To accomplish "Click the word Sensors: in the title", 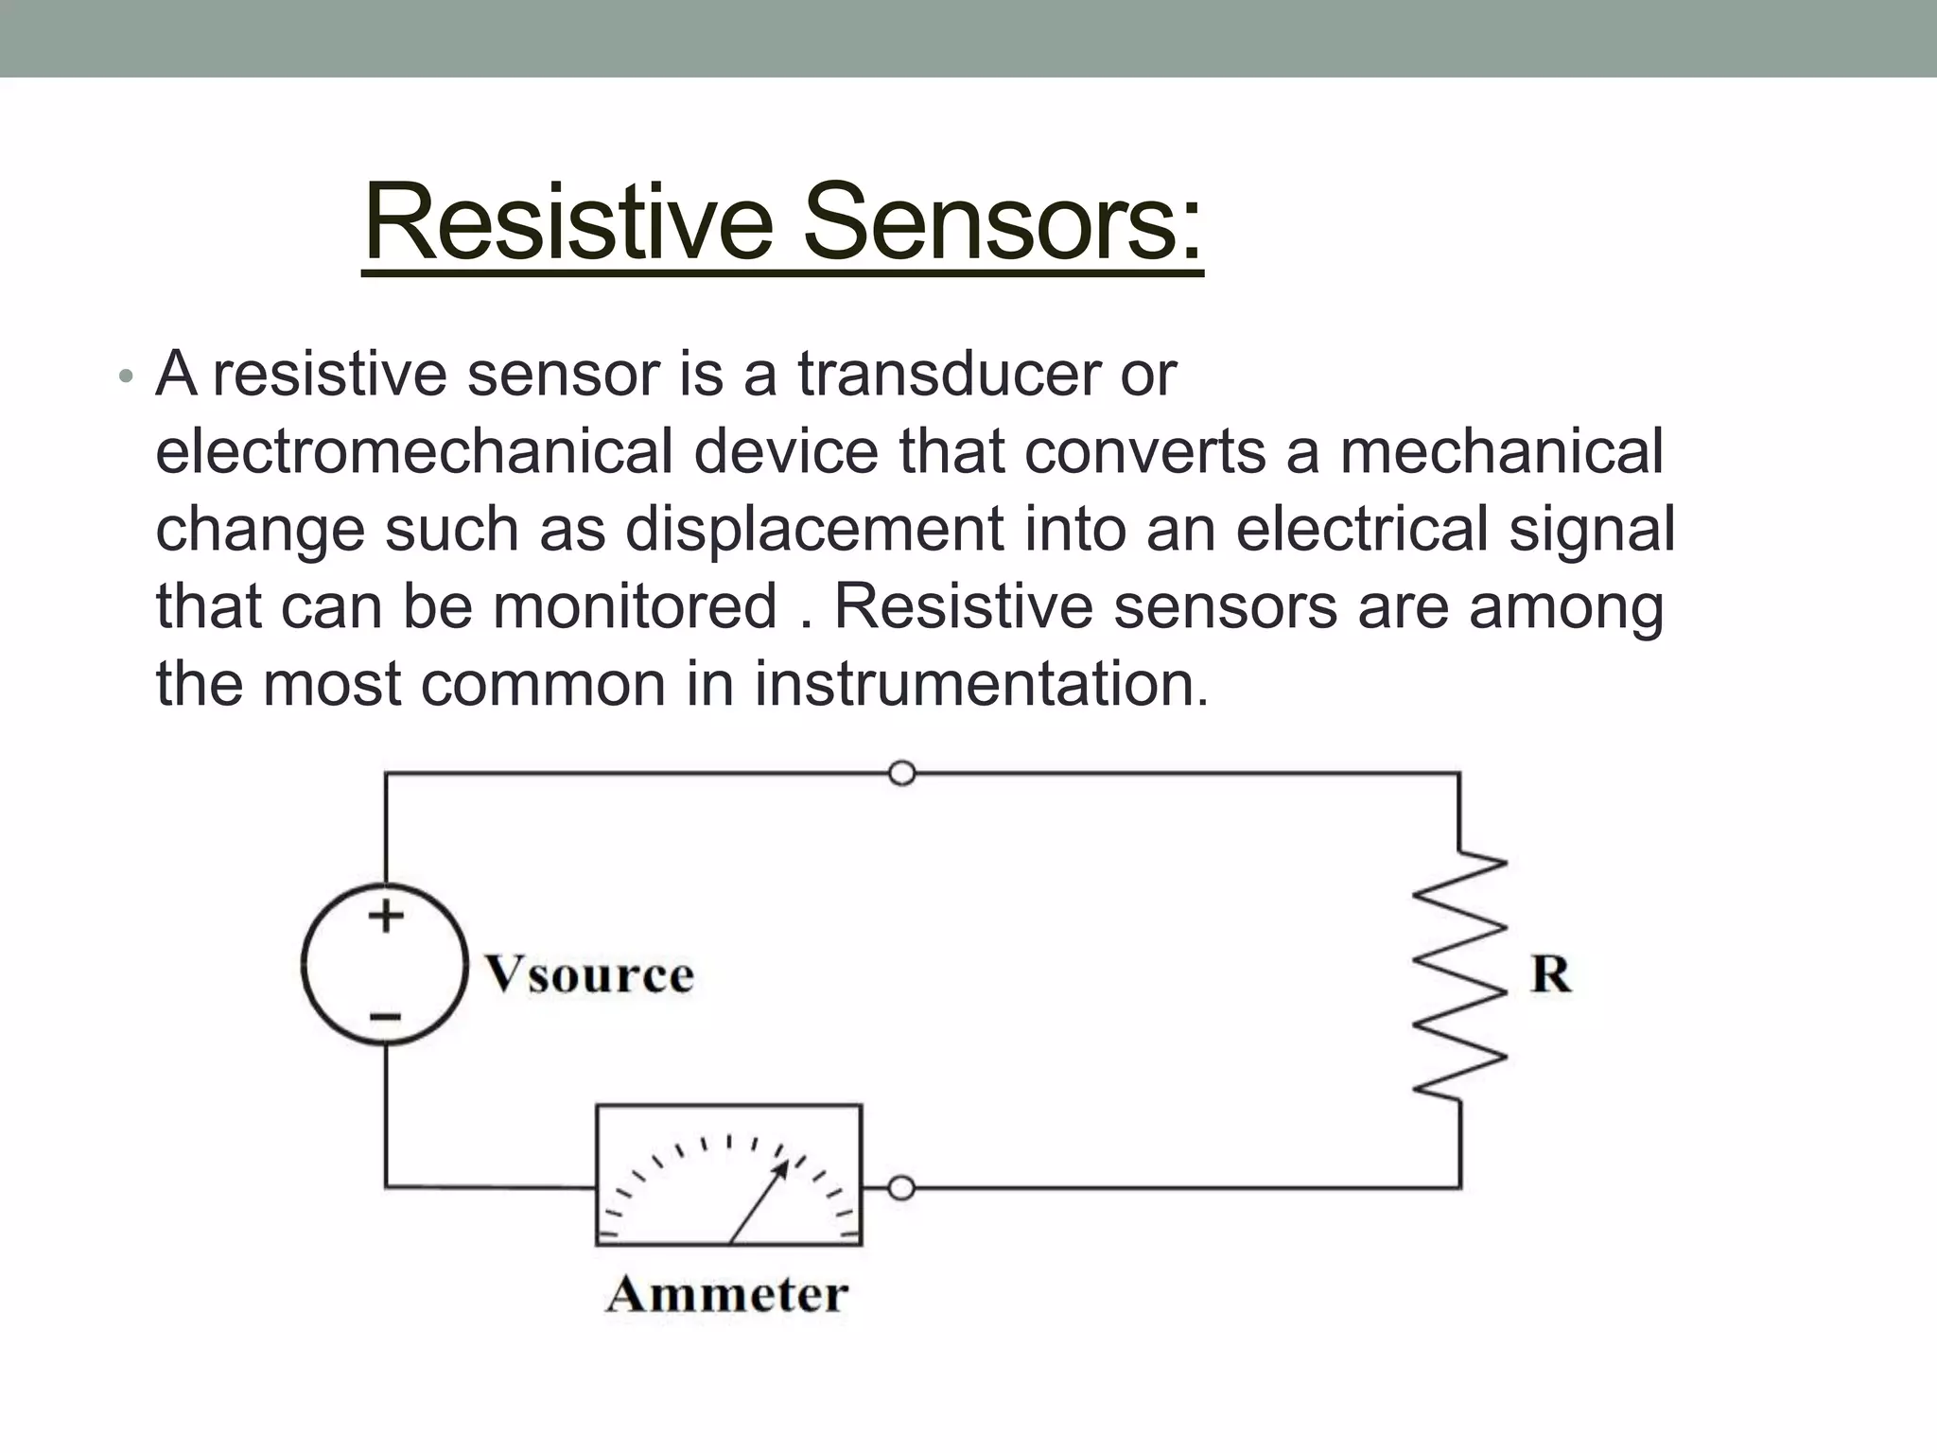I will point(1003,223).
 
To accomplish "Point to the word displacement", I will point(814,529).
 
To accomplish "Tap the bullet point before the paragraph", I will point(126,377).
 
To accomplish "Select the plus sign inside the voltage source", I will point(385,915).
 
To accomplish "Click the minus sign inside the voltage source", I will point(385,1018).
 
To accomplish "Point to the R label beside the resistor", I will point(1550,974).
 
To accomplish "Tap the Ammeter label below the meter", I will point(726,1294).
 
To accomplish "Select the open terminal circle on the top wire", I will point(902,773).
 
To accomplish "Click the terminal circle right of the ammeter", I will point(902,1187).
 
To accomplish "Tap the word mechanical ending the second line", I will point(1501,451).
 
